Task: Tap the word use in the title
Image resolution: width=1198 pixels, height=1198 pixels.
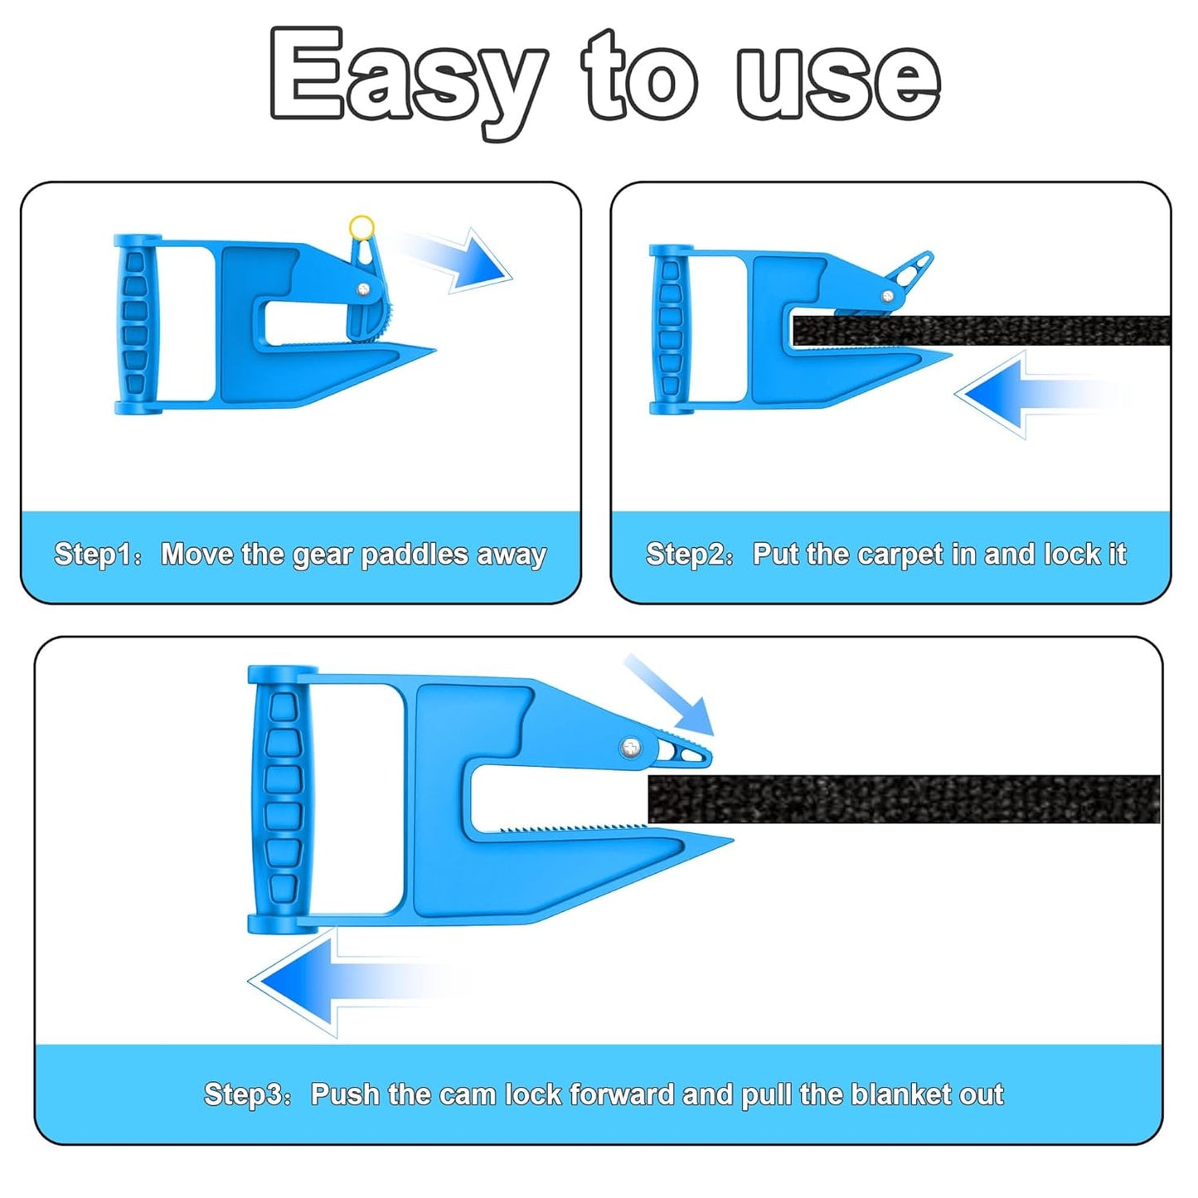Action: [837, 79]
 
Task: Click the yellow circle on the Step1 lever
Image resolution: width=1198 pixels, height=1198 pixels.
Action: [361, 227]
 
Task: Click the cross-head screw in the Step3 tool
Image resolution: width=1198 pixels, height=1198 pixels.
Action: [632, 748]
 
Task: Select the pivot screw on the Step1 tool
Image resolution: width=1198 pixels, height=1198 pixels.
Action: [364, 289]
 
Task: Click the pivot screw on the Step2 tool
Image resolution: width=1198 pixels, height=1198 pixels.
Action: [888, 295]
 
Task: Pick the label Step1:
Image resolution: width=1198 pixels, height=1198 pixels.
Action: [97, 554]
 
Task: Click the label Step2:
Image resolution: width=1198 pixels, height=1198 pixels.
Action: [689, 554]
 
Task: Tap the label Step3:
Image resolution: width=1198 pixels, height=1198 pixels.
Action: [247, 1094]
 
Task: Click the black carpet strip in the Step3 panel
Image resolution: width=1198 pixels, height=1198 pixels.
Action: [904, 798]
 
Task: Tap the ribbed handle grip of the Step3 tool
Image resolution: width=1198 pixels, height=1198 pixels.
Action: [282, 800]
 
